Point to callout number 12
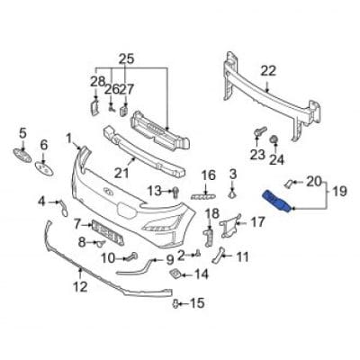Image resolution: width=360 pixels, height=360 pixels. (x=80, y=287)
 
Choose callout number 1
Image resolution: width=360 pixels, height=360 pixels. (x=68, y=138)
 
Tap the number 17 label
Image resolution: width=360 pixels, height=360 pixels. (x=256, y=221)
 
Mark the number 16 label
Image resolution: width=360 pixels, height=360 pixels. (x=208, y=175)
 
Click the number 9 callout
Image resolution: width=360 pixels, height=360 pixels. (x=170, y=262)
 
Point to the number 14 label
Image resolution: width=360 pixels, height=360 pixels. (x=202, y=274)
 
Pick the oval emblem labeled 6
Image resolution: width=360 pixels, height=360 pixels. (x=43, y=166)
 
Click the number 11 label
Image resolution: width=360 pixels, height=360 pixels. (x=242, y=256)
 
